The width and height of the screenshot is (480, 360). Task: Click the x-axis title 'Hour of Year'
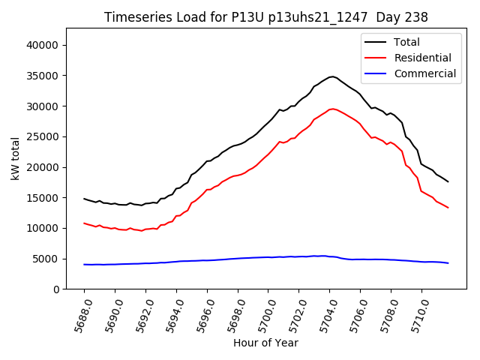coord(265,343)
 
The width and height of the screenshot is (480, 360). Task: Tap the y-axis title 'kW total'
coord(16,159)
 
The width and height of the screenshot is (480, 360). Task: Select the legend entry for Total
coord(407,42)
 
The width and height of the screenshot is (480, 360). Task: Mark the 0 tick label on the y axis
coord(57,289)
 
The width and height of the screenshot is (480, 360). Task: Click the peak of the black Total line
coord(331,76)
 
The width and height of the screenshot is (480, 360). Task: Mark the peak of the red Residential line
coord(332,109)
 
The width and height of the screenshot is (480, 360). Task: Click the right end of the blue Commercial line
coord(448,263)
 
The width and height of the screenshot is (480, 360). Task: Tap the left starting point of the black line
coord(84,199)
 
